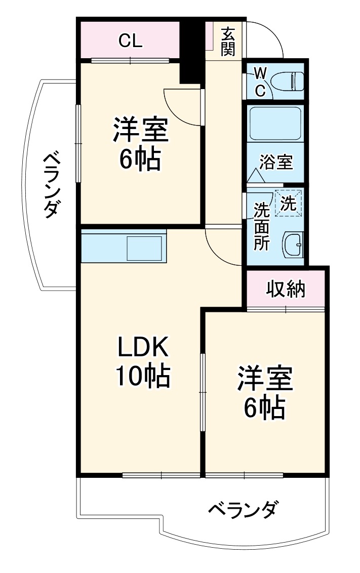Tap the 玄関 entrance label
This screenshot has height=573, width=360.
228,42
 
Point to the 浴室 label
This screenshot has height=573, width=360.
275,163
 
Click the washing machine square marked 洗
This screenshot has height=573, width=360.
288,203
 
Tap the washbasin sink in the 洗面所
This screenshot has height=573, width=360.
293,245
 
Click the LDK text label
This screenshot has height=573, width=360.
142,348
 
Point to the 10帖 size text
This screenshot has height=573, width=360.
142,376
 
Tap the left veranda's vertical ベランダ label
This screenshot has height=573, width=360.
52,185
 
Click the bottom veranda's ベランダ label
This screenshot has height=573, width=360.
243,509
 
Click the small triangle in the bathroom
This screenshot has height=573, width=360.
255,176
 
